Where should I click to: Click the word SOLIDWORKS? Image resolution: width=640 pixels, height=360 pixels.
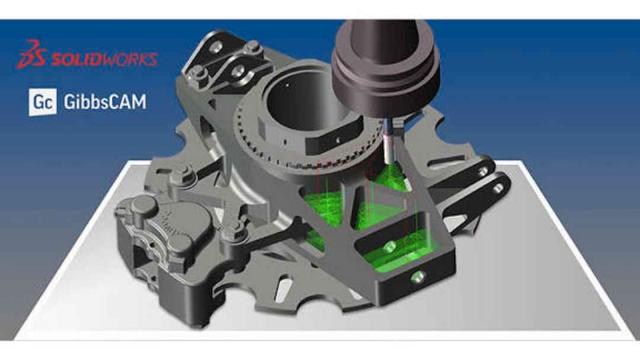(x=104, y=59)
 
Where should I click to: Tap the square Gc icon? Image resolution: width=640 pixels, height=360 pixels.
(x=43, y=102)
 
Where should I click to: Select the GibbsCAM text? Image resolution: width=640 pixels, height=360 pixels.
(x=105, y=102)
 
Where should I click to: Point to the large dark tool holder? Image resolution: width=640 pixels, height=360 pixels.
(x=385, y=65)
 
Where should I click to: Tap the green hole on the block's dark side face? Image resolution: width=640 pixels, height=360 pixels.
(x=417, y=278)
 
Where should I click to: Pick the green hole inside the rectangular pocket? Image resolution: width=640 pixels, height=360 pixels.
(x=389, y=247)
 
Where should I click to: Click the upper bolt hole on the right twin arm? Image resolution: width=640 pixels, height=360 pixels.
(x=484, y=171)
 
